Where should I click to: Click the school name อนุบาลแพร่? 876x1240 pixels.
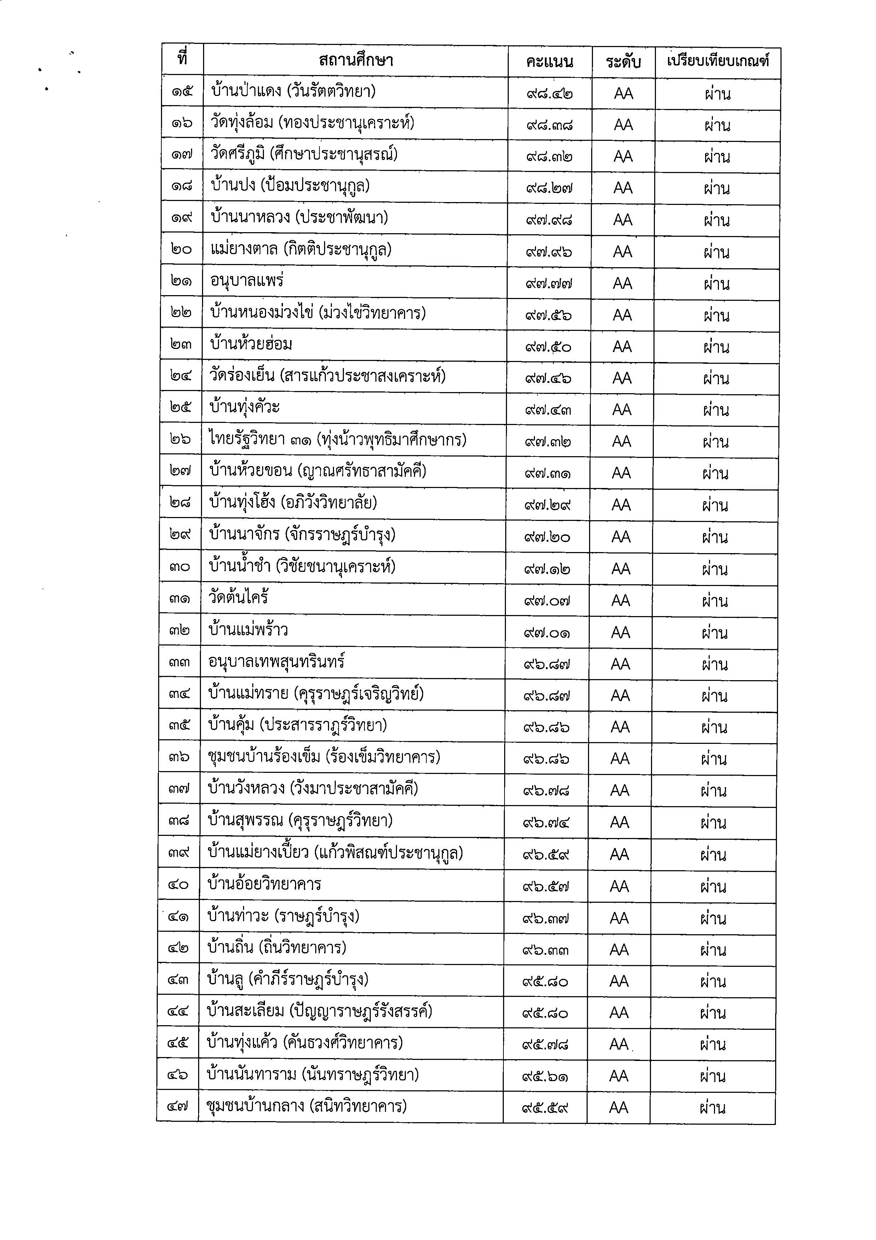pyautogui.click(x=247, y=281)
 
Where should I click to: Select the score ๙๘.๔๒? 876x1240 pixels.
pyautogui.click(x=549, y=93)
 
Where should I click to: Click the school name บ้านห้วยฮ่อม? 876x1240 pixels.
pyautogui.click(x=251, y=344)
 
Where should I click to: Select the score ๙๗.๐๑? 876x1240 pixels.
pyautogui.click(x=547, y=632)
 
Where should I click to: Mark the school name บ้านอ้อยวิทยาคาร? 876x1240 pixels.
pyautogui.click(x=264, y=884)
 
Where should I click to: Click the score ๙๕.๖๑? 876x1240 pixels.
pyautogui.click(x=545, y=1077)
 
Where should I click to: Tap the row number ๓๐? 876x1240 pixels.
pyautogui.click(x=179, y=567)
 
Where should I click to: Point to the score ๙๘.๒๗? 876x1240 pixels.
pyautogui.click(x=549, y=189)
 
